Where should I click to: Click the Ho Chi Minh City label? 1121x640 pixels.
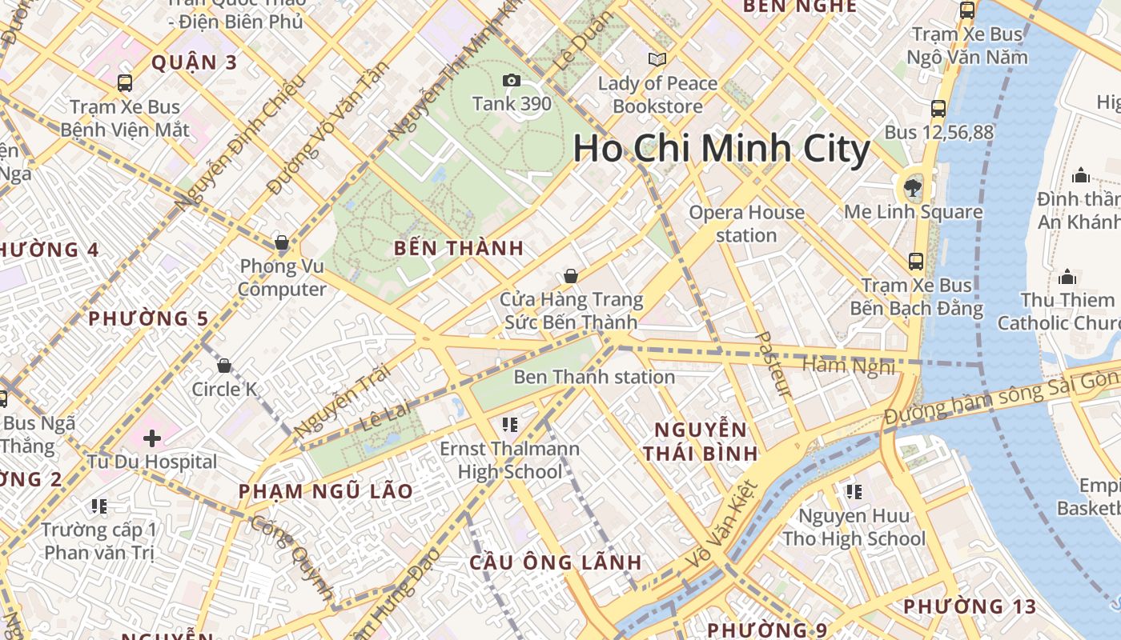(x=721, y=150)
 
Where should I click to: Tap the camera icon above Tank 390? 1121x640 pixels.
(x=511, y=80)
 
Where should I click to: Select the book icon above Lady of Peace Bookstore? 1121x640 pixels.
(x=657, y=59)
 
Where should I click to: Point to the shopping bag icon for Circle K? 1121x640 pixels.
(x=224, y=366)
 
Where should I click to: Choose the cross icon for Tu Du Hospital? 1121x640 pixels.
(x=152, y=438)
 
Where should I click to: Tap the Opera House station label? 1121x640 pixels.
(x=746, y=224)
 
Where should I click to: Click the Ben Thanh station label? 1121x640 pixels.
(x=594, y=377)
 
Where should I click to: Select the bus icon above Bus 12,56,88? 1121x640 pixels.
(x=938, y=109)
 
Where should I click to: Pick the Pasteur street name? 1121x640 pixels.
(x=773, y=364)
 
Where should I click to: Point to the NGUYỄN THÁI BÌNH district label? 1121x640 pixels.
(x=701, y=442)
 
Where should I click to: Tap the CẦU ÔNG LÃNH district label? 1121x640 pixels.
(x=556, y=562)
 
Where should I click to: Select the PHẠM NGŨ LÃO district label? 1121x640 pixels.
(x=326, y=491)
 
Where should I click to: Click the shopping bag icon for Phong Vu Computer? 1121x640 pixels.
(x=282, y=242)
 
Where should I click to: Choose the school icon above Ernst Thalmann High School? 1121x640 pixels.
(x=510, y=423)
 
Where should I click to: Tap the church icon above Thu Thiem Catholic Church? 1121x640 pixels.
(x=1067, y=277)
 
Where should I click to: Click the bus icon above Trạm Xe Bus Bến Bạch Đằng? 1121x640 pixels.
(x=915, y=262)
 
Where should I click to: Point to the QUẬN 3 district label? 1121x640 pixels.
(x=195, y=62)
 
